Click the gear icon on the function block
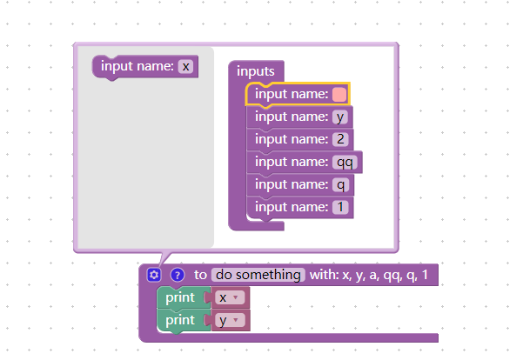point(154,275)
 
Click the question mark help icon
point(177,275)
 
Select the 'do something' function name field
point(258,275)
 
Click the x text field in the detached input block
point(184,66)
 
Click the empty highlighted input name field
point(339,94)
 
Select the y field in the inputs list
point(339,117)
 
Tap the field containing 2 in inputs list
point(339,139)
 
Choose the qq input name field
point(345,162)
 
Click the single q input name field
point(339,184)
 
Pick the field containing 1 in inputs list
point(339,207)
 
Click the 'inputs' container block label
point(256,71)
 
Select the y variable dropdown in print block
point(230,320)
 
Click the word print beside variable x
point(180,297)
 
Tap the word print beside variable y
point(180,320)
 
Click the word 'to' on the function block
point(200,275)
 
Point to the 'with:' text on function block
point(325,275)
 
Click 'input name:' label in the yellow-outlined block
point(291,94)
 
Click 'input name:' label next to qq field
point(291,162)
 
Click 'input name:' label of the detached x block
point(137,66)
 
